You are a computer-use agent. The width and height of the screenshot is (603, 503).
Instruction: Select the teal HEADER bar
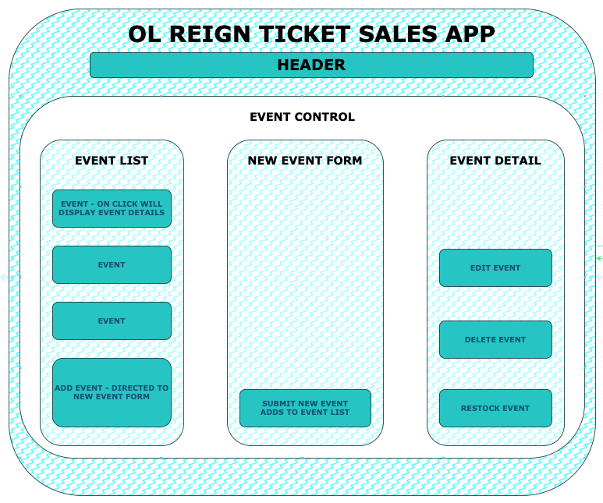(311, 66)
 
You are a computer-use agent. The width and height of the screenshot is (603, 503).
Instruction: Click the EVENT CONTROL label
(302, 117)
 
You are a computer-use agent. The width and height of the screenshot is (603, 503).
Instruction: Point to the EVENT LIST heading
(112, 161)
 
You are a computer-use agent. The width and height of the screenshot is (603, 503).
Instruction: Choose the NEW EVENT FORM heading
(305, 161)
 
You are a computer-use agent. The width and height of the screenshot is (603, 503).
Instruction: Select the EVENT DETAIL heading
(495, 161)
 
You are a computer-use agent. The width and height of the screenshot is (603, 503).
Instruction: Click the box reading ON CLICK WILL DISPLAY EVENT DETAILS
(112, 208)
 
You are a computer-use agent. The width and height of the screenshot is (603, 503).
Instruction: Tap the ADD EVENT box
(112, 392)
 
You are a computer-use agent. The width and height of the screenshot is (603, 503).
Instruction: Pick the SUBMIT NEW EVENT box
(305, 408)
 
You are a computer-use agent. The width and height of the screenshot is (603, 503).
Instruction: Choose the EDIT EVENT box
(495, 267)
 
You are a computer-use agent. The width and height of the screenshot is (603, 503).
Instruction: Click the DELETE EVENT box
(495, 339)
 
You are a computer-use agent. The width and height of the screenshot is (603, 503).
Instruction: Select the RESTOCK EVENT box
(495, 408)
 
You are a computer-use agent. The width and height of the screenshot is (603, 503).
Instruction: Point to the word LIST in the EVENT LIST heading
(133, 161)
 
